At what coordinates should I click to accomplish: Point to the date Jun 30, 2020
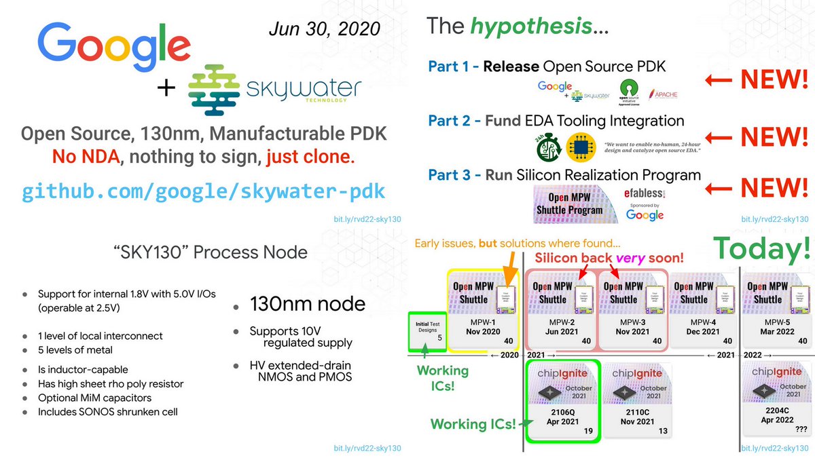coord(325,29)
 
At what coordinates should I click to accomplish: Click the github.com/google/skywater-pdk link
coord(203,192)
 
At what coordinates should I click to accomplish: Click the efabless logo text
coord(643,193)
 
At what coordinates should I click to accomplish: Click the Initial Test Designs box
coord(427,330)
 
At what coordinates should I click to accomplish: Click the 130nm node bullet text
coord(308,305)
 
